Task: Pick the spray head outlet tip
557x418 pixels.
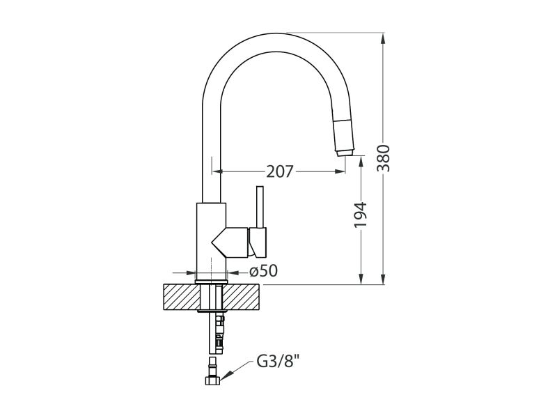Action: click(343, 152)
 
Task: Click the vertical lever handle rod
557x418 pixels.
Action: click(260, 208)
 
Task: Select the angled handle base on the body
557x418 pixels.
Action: click(230, 241)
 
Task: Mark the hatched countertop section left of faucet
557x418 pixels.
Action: click(180, 297)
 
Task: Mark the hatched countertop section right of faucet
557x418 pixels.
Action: click(244, 297)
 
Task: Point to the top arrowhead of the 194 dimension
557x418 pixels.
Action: click(361, 160)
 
